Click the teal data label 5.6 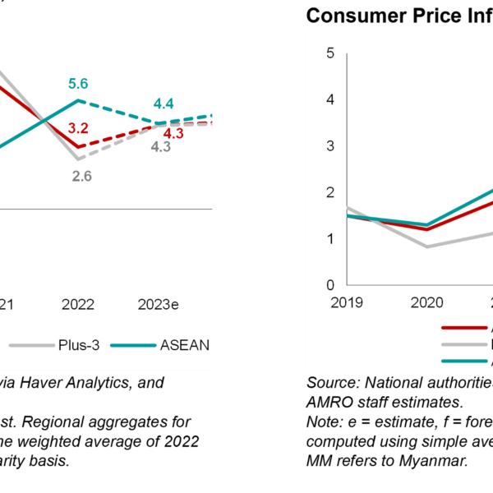(77, 84)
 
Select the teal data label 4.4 (163, 104)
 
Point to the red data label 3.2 (78, 128)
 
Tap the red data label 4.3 (173, 133)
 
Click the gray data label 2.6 (81, 176)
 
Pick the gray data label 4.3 (160, 148)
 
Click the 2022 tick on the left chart (78, 305)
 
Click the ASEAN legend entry (188, 346)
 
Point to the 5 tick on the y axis (329, 53)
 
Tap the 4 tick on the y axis (329, 99)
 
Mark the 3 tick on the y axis (329, 146)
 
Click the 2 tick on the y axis (329, 192)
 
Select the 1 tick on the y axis (329, 239)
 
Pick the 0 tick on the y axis (329, 285)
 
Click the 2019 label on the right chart (347, 302)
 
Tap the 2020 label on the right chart (426, 302)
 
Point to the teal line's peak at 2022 (78, 100)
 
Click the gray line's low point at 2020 (426, 246)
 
